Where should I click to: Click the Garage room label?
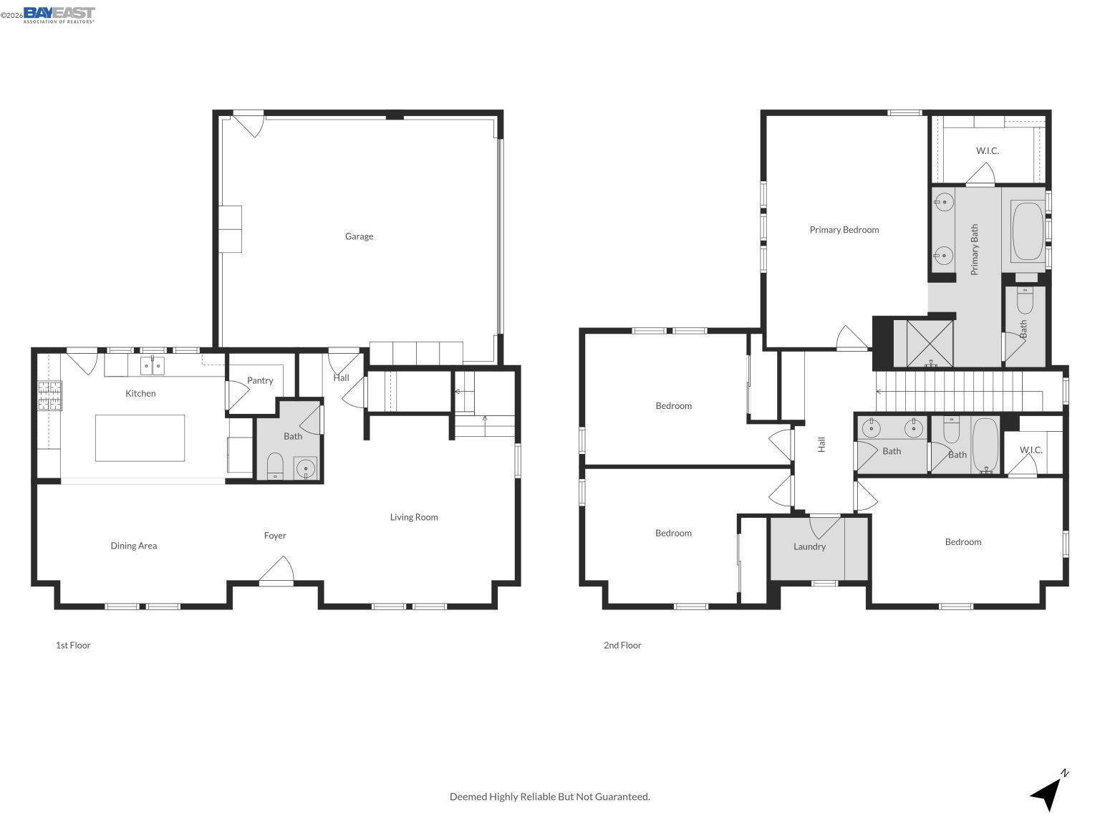coord(359,236)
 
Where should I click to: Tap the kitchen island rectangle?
coord(140,438)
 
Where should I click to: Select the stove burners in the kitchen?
coord(49,395)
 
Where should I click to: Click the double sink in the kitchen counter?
coord(153,366)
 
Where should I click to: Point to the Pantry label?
coord(260,380)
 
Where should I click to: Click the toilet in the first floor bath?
coord(275,465)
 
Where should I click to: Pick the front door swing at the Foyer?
coord(276,572)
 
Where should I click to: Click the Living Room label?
coord(414,517)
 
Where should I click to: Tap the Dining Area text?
coord(133,546)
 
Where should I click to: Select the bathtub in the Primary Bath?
coord(1028,232)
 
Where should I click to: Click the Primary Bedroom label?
coord(844,230)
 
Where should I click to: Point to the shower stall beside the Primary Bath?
coord(930,344)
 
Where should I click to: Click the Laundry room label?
coord(809,546)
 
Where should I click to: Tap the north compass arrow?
coord(1048,791)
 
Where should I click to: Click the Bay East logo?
coord(59,14)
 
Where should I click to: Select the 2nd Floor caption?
coord(622,645)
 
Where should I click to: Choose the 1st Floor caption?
coord(73,645)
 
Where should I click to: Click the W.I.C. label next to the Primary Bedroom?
coord(987,151)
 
